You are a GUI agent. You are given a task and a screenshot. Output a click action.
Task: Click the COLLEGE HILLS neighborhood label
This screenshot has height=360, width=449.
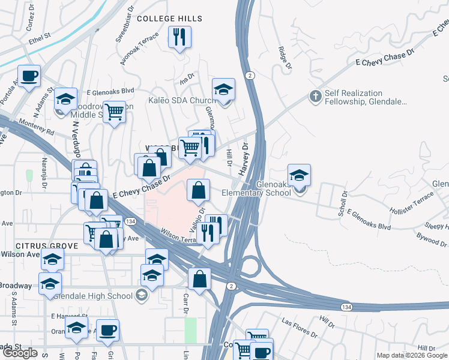pos(169,19)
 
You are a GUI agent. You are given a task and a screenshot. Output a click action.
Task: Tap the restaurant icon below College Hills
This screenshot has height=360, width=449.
pos(179,38)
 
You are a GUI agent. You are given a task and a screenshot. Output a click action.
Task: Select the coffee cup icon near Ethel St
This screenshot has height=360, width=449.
pos(29,76)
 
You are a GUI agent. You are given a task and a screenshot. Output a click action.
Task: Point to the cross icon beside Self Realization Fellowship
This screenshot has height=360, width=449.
pos(315,96)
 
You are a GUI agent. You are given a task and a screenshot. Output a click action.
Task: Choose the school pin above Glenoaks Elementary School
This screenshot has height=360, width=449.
pos(299,175)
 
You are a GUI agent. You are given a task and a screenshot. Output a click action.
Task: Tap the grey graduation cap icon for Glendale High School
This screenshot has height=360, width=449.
pos(141,295)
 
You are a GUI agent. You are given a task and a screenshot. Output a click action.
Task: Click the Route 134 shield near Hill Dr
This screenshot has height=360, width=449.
pos(346,307)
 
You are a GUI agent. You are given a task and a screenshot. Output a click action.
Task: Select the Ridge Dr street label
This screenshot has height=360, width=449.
pos(285,58)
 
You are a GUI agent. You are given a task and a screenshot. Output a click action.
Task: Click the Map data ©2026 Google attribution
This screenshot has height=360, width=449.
pos(412,355)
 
